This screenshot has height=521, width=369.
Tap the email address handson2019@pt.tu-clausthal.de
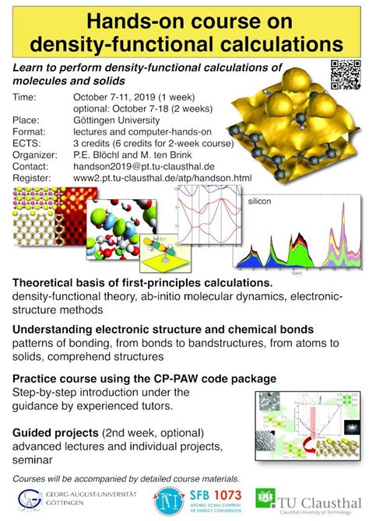137,166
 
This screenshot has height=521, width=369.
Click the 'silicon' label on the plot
264,201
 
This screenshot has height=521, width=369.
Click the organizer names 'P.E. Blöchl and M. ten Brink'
138,155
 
